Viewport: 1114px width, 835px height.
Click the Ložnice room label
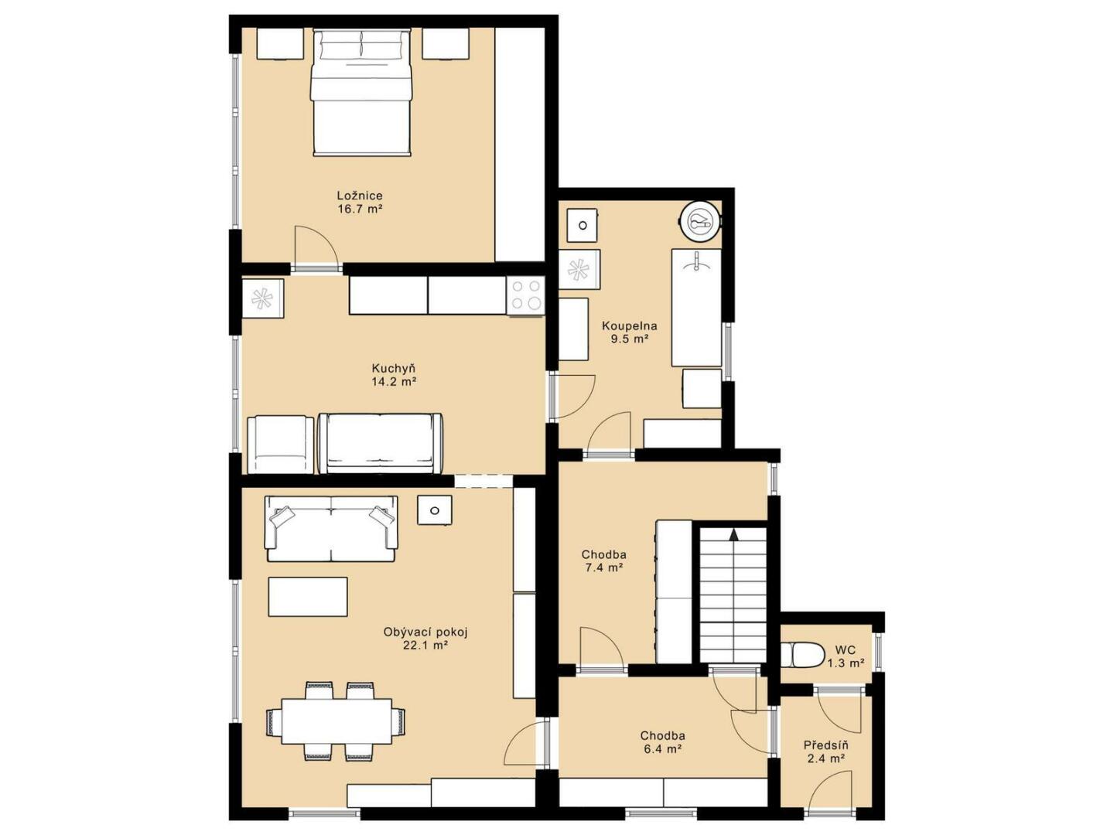[360, 195]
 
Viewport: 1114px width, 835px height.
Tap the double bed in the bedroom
[361, 92]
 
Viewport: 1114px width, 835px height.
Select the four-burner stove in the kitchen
[525, 295]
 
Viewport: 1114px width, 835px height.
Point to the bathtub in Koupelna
[696, 307]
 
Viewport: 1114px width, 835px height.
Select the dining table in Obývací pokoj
[337, 721]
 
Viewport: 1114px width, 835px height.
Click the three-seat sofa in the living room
[331, 529]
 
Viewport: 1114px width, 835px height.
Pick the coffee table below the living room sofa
[308, 597]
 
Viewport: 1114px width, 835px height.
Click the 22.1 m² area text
[425, 646]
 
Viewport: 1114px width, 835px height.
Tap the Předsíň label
[825, 745]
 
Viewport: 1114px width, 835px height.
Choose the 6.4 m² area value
[662, 749]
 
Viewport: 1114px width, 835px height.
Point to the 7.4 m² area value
[604, 567]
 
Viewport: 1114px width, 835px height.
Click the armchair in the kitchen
[280, 445]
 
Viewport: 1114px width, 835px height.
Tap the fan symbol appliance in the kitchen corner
[263, 298]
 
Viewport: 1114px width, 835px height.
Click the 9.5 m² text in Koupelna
[630, 339]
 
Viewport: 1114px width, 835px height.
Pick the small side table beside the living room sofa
[435, 510]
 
